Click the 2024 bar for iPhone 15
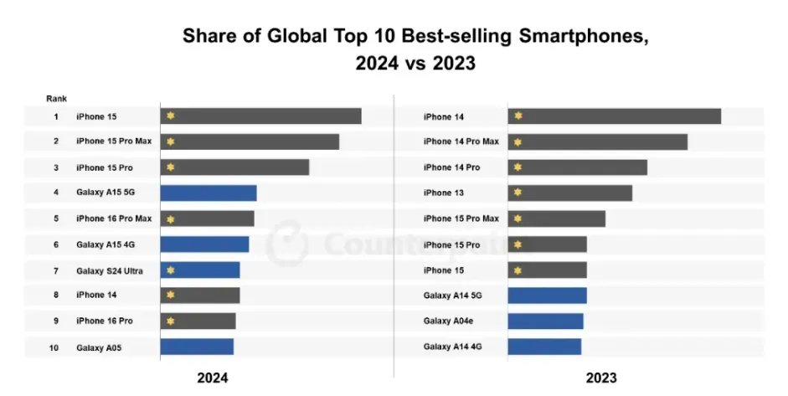(x=260, y=116)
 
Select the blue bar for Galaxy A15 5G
(x=209, y=193)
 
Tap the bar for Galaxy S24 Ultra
(x=200, y=270)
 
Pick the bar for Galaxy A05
(x=197, y=347)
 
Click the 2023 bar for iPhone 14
(x=614, y=116)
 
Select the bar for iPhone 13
(x=569, y=193)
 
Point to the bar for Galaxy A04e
(x=545, y=321)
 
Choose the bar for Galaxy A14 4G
(x=544, y=347)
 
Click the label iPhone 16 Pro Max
(x=114, y=219)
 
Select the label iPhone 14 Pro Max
(x=461, y=141)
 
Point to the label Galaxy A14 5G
(x=452, y=296)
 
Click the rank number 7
(x=55, y=270)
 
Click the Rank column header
(x=57, y=99)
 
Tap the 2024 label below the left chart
(x=212, y=378)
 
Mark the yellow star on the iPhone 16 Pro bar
(x=170, y=321)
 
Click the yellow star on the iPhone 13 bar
(x=518, y=193)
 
